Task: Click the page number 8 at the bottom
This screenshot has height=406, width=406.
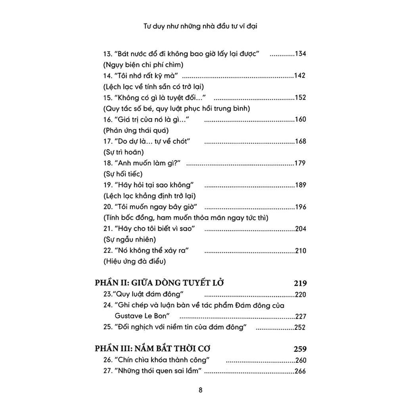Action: [x=201, y=389]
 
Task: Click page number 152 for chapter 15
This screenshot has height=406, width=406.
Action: [x=301, y=98]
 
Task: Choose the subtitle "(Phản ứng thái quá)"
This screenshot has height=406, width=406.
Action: [x=130, y=130]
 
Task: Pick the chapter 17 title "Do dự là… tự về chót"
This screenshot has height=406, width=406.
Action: [x=149, y=141]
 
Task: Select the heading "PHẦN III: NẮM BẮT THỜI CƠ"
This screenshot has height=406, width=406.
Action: [x=153, y=349]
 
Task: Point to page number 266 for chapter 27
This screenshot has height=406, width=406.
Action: [x=301, y=371]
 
